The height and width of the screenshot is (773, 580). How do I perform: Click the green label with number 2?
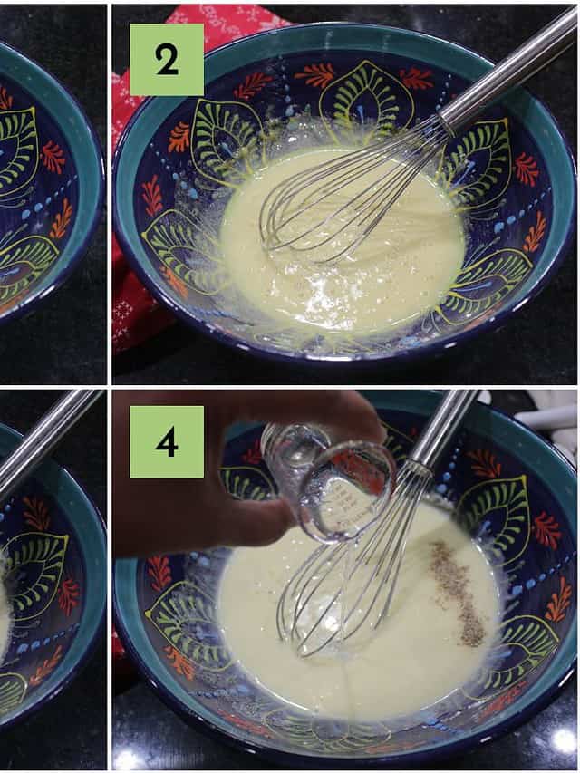pos(167,60)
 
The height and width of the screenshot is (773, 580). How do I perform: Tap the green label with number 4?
pos(167,441)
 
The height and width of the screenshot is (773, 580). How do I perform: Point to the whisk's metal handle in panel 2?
pos(508,65)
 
